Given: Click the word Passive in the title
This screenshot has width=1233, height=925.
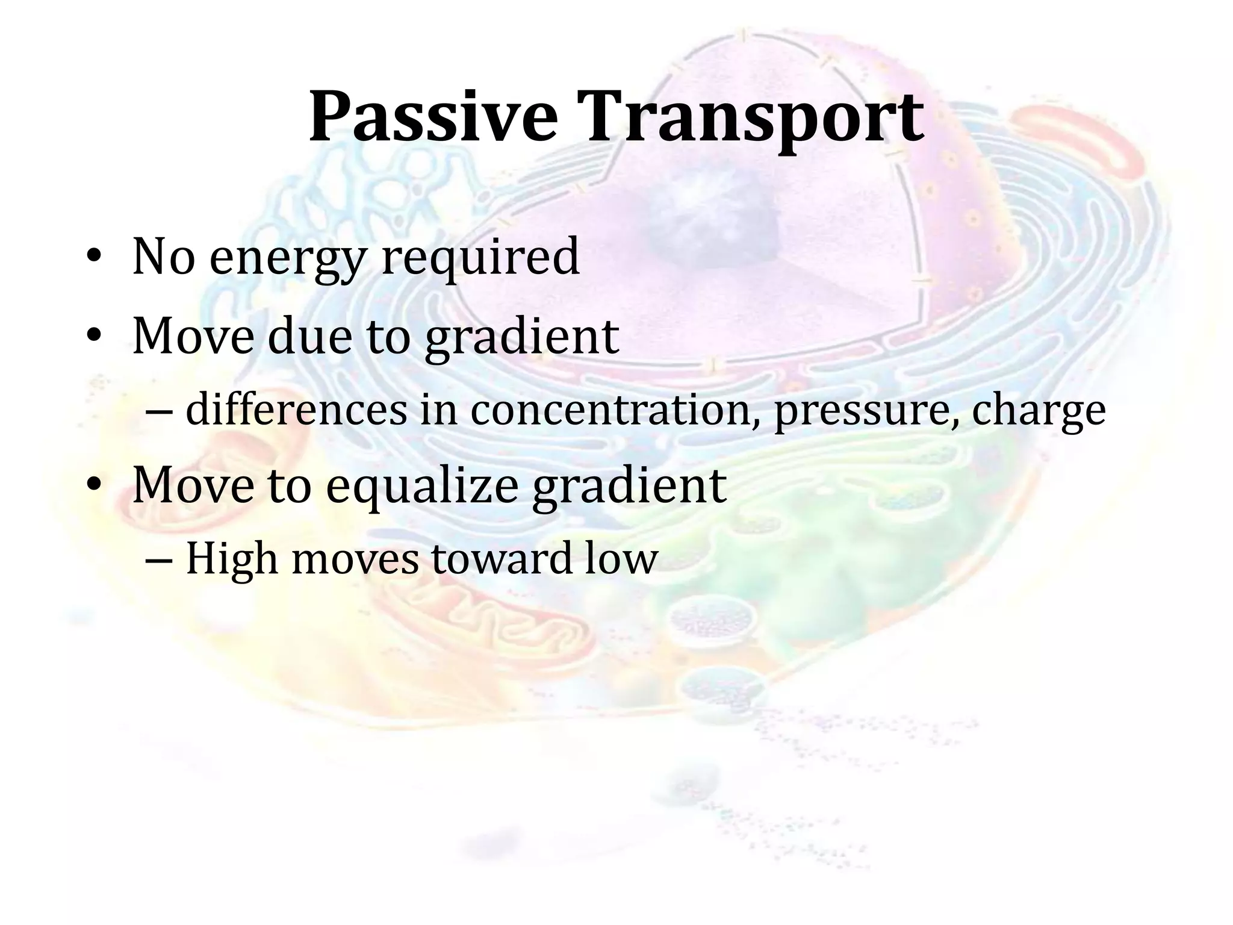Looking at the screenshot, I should pyautogui.click(x=432, y=117).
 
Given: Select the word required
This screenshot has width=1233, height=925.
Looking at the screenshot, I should pyautogui.click(x=480, y=258).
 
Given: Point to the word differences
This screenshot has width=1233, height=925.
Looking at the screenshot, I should pyautogui.click(x=296, y=411).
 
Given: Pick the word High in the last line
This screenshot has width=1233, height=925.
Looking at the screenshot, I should pyautogui.click(x=232, y=559).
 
